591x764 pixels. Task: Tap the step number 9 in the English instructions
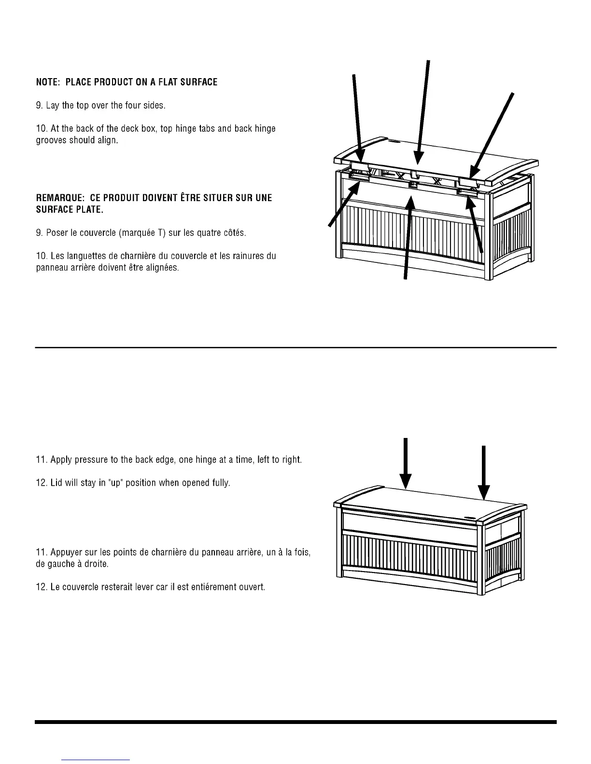click(x=39, y=105)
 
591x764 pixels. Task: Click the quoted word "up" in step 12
click(x=112, y=483)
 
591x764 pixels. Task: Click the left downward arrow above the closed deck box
click(x=406, y=463)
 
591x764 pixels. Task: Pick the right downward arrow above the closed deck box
click(x=484, y=473)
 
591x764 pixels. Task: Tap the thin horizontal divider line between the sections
click(x=295, y=347)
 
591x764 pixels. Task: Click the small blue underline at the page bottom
click(x=96, y=760)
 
